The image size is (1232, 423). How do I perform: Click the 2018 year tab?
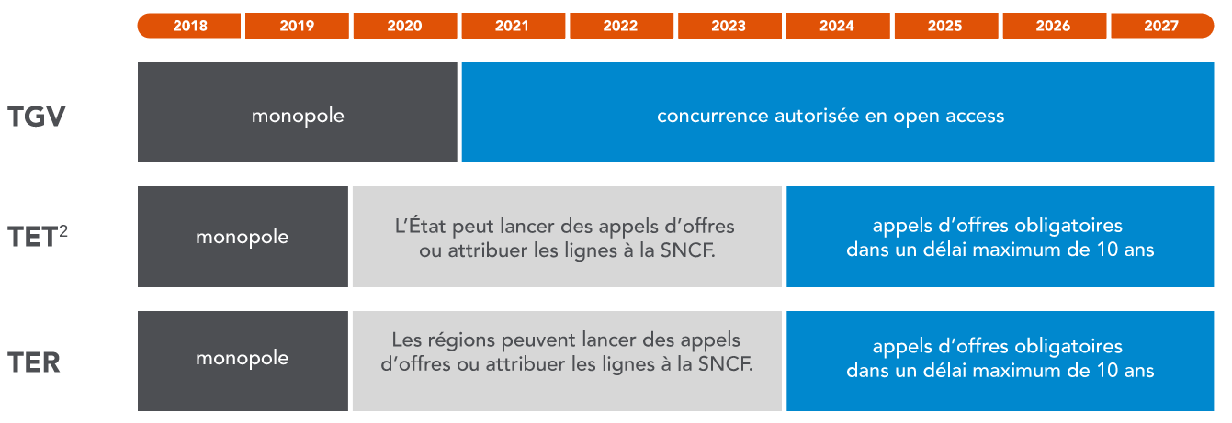click(x=189, y=26)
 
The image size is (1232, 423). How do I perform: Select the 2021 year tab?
click(x=514, y=26)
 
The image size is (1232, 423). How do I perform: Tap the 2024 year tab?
click(x=838, y=26)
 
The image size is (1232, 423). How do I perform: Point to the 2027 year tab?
click(x=1162, y=26)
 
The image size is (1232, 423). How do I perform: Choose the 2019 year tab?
click(x=297, y=26)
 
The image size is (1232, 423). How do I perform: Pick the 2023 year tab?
click(x=729, y=26)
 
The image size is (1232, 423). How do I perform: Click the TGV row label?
click(x=37, y=117)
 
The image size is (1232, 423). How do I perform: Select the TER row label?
click(x=34, y=362)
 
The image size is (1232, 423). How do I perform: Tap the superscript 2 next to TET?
click(x=63, y=231)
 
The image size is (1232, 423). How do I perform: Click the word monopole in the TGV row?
click(x=298, y=116)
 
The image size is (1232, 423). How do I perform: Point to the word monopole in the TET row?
click(x=242, y=237)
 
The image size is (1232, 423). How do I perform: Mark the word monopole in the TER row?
click(x=242, y=358)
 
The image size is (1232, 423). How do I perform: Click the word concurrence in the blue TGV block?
click(x=713, y=116)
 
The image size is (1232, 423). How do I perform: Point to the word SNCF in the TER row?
click(x=726, y=363)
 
